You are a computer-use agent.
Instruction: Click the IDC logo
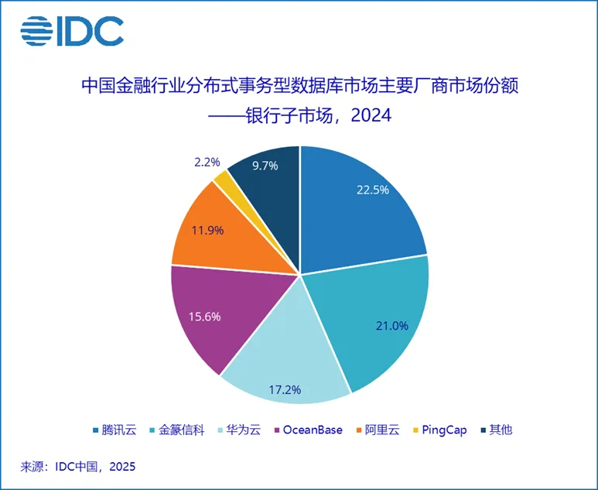coord(71,31)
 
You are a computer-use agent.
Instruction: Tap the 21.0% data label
coord(391,326)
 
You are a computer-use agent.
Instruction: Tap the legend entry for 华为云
coord(244,430)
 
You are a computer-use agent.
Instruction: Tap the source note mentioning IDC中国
coord(77,467)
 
